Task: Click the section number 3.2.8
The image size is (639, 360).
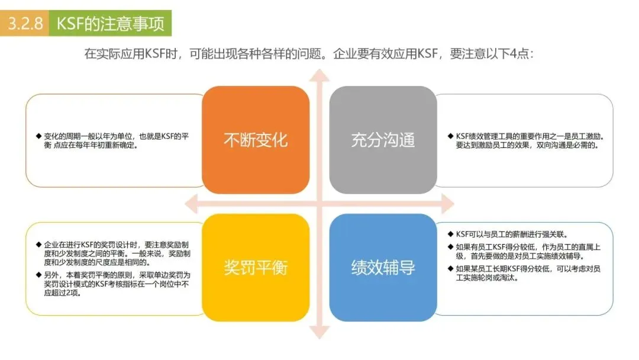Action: pos(25,24)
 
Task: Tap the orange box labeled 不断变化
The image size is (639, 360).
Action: pos(256,140)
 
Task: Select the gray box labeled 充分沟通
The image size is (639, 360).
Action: pos(383,140)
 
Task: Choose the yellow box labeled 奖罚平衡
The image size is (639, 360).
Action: pos(256,268)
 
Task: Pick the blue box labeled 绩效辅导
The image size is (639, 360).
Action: pos(383,268)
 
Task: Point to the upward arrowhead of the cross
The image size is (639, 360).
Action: pos(319,76)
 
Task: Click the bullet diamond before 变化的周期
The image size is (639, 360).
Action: pos(38,136)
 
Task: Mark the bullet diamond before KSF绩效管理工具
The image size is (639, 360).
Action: pos(450,136)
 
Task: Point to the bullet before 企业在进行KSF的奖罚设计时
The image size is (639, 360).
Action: pos(38,245)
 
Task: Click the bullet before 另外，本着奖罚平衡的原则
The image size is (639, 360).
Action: pos(38,275)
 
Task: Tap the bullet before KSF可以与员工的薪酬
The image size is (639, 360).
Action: pos(450,233)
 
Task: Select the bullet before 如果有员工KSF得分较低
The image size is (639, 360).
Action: pos(450,246)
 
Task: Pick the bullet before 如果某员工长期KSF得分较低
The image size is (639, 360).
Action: pos(450,269)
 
